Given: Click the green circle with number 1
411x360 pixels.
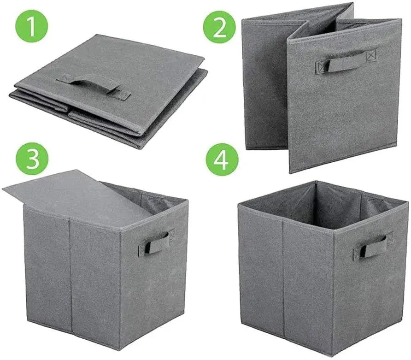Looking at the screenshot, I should [32, 27].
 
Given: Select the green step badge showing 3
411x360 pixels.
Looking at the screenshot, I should [32, 158].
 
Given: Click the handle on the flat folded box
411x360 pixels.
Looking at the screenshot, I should [90, 83].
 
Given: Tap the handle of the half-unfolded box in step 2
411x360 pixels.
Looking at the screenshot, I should [341, 62].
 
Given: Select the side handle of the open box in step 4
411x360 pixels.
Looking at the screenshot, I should [371, 247].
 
